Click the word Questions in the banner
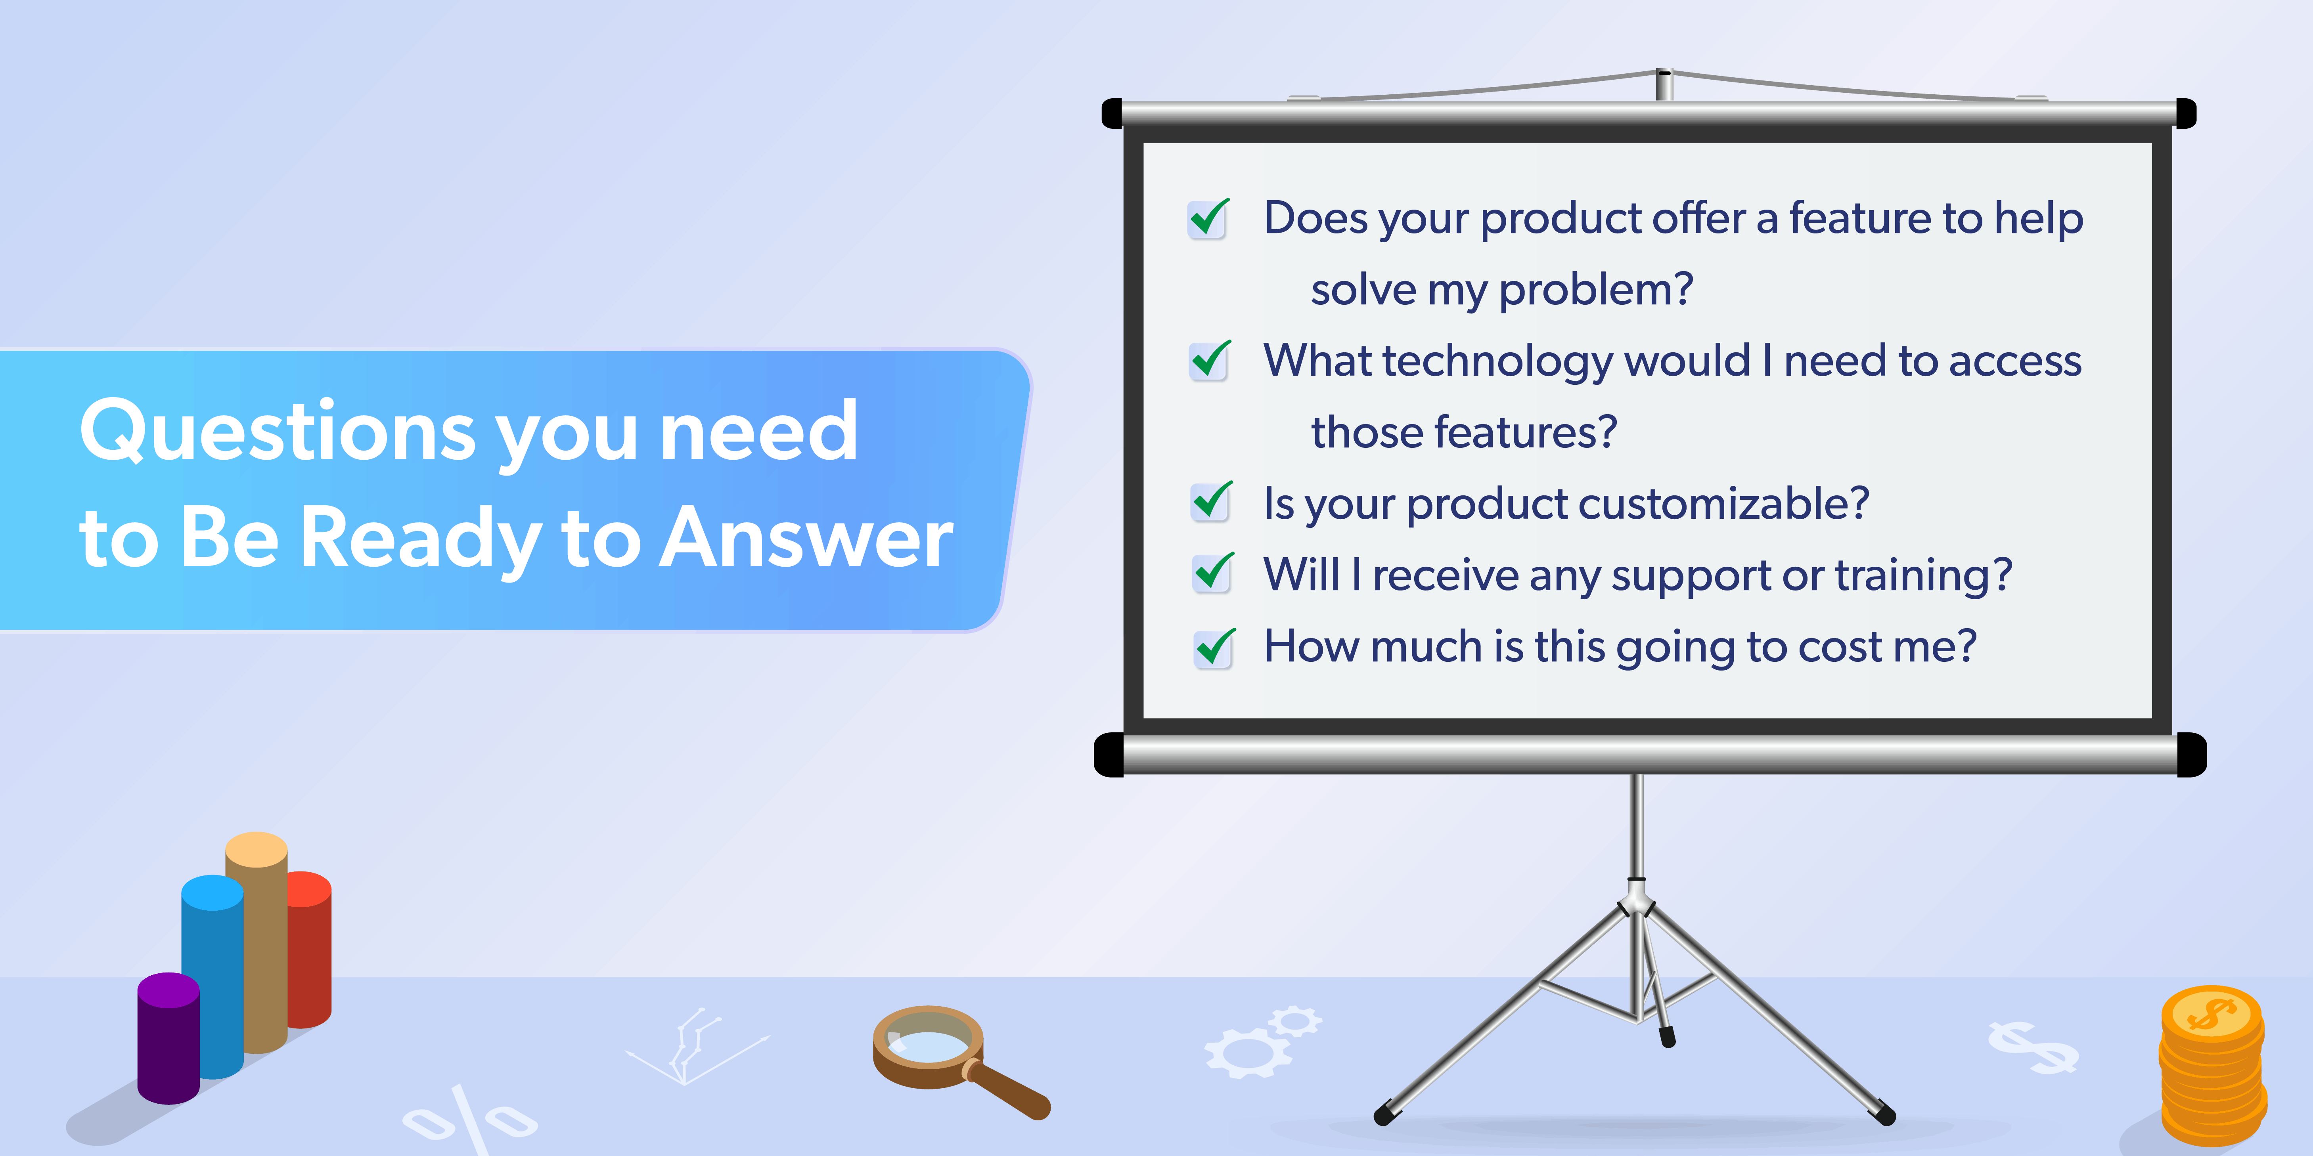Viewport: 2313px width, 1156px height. point(278,431)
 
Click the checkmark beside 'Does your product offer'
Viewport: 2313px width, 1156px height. point(1208,218)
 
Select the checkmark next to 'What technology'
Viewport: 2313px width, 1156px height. point(1210,361)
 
